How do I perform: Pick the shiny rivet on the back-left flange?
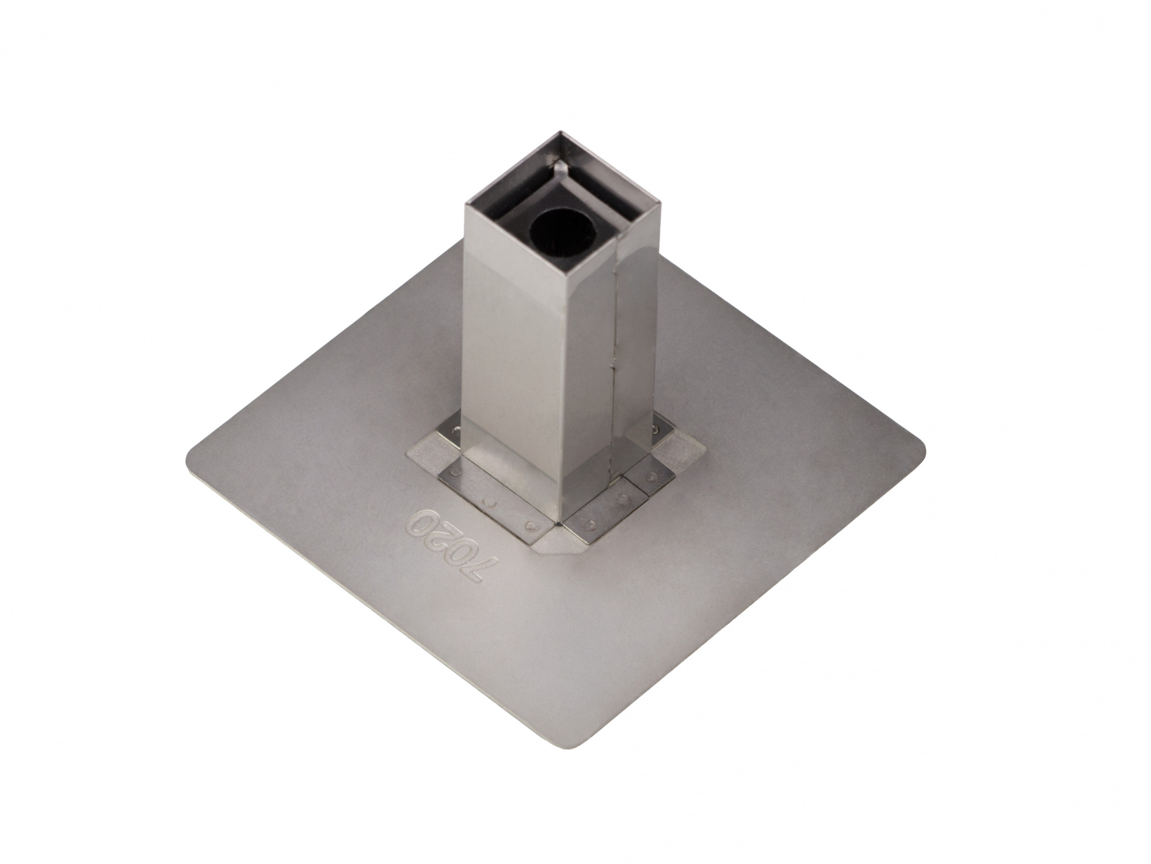[458, 430]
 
